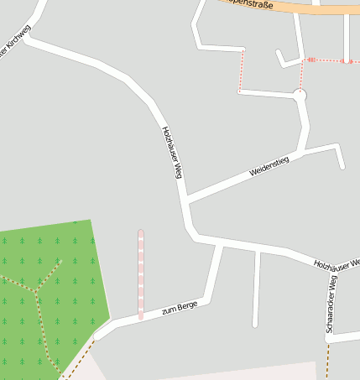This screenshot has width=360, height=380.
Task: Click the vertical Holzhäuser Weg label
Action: point(172,152)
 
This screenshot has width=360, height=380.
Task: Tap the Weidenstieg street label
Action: point(269,166)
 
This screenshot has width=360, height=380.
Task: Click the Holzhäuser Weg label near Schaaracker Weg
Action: point(337,263)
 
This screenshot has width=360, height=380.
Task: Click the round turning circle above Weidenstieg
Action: point(300,96)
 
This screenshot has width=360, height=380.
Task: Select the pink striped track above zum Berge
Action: point(141,273)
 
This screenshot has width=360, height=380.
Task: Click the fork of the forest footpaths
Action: point(37,293)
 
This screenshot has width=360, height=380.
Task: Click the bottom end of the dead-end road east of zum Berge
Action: point(255,325)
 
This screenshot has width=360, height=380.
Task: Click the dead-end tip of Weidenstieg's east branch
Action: point(342,167)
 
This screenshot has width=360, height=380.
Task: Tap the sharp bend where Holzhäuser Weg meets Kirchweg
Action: point(28,39)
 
